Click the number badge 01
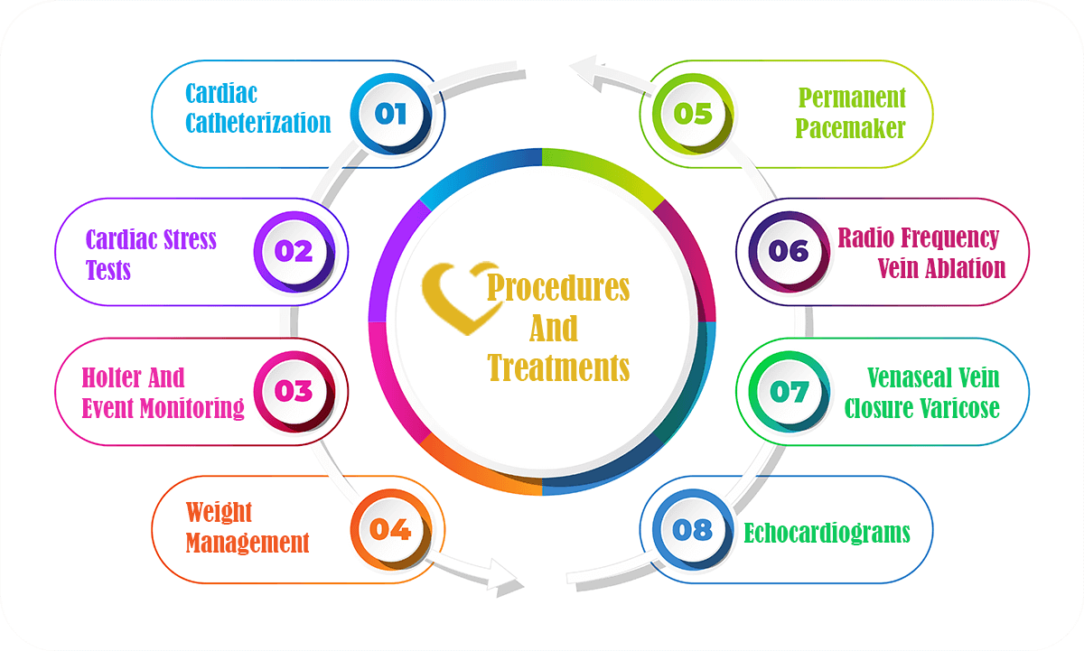click(391, 114)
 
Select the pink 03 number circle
click(294, 390)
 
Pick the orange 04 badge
click(391, 528)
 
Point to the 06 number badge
click(789, 250)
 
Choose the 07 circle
click(789, 390)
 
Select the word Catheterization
click(258, 123)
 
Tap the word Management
click(248, 543)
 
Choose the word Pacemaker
click(851, 128)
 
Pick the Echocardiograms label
click(827, 533)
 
